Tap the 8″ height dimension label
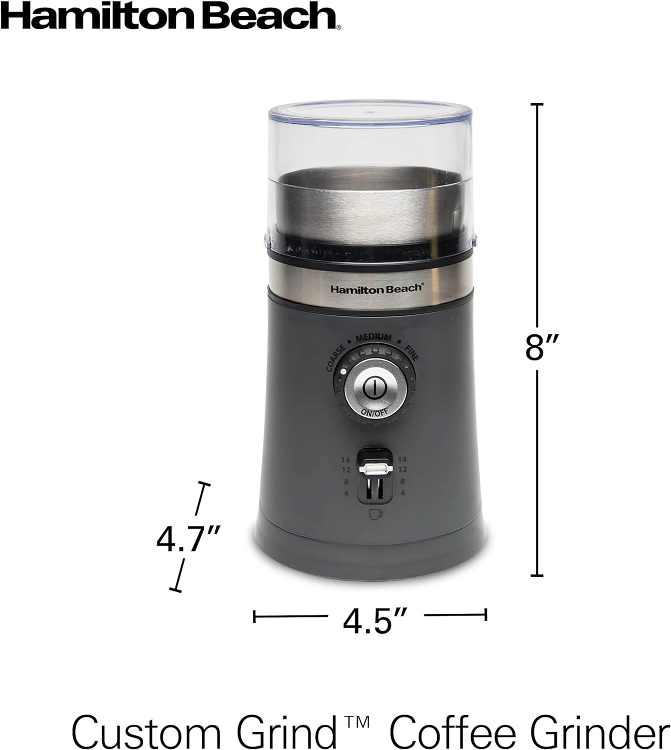537,346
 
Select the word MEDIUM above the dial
373,338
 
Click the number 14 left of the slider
346,459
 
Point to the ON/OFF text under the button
373,412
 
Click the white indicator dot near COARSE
341,372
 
